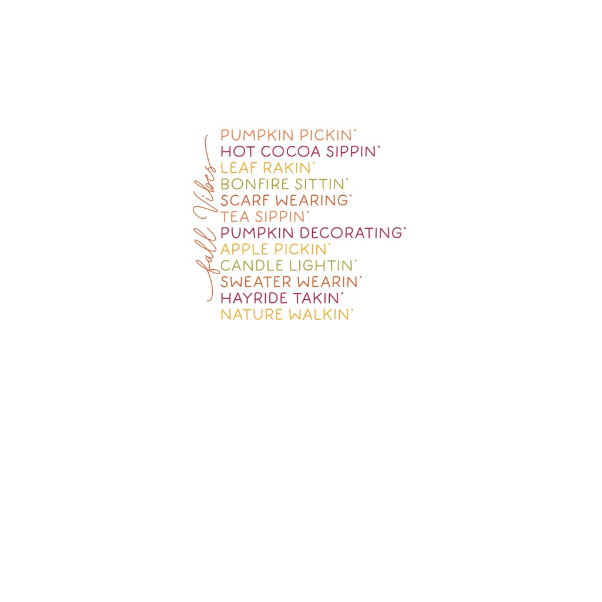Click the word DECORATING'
coord(352,233)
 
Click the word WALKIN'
coord(321,315)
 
